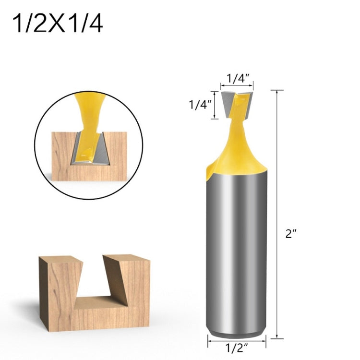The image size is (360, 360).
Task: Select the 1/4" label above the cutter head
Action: pos(237,76)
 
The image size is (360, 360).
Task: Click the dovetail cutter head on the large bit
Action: pos(237,102)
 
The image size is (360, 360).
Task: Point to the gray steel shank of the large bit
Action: pos(237,250)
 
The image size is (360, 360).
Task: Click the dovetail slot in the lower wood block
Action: pos(93,283)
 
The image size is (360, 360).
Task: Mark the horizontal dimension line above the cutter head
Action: pos(237,85)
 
